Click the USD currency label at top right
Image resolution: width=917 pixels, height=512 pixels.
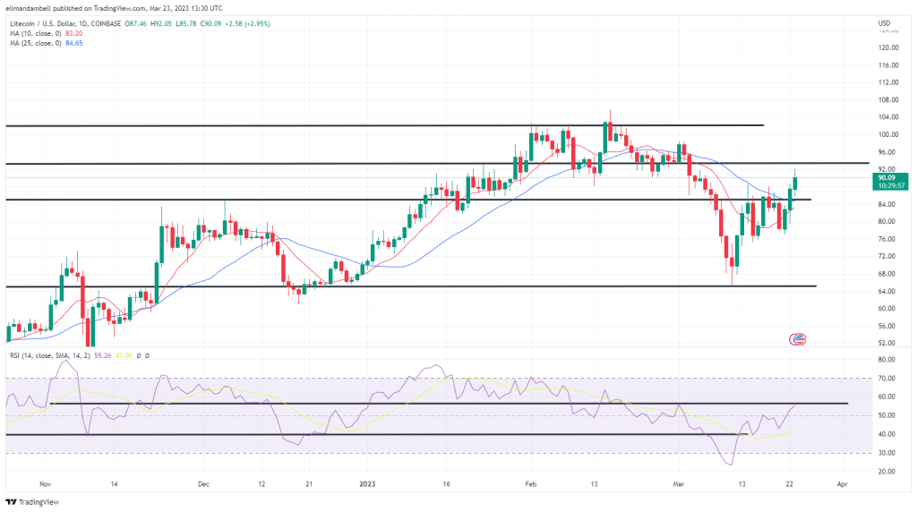pos(884,22)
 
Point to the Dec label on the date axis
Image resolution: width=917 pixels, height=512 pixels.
pos(203,483)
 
